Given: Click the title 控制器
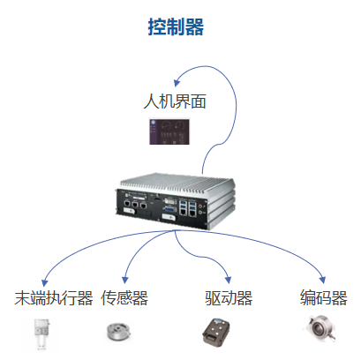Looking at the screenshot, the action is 176,27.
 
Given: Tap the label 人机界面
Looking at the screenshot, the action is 175,101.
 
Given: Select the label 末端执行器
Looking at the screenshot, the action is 54,298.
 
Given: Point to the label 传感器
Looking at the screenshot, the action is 124,298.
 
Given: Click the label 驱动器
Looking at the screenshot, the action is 229,298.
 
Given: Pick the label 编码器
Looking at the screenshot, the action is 324,297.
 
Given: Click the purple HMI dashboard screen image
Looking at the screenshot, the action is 169,131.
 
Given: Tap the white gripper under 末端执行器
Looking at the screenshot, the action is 41,334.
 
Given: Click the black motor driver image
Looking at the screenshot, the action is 216,331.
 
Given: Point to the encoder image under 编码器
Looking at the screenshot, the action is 320,329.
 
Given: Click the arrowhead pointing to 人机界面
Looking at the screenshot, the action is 177,82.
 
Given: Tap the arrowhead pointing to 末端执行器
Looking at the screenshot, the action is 44,282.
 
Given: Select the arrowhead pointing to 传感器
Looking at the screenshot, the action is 125,280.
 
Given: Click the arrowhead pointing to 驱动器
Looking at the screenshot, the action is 229,280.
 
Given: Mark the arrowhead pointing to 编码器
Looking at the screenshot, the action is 323,280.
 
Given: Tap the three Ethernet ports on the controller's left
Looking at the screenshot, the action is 135,204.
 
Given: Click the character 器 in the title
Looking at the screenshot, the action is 194,27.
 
